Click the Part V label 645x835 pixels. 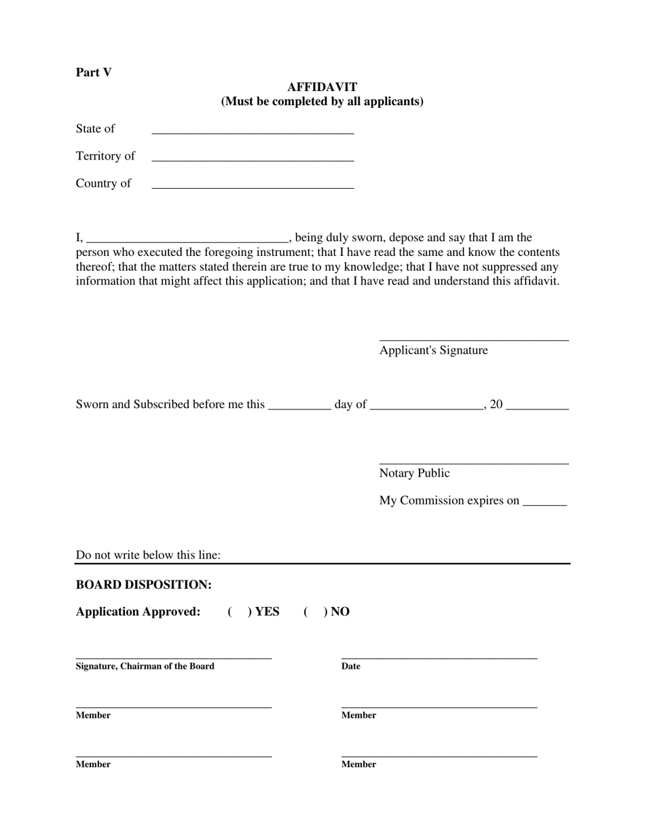pos(94,73)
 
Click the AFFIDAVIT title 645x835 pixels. pos(322,87)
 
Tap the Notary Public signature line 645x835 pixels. pos(473,461)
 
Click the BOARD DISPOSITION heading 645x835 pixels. pos(144,584)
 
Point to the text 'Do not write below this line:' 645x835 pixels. pos(148,555)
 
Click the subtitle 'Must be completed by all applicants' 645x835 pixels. pos(322,102)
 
